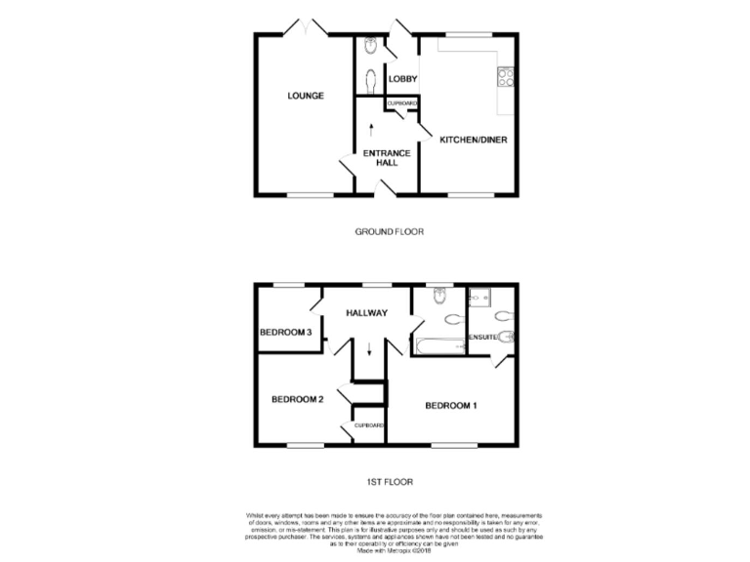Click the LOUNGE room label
(x=306, y=96)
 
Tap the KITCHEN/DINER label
(x=473, y=139)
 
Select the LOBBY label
(x=402, y=79)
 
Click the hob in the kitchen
(x=506, y=76)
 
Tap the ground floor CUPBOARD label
(x=402, y=102)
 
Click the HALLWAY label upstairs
(x=366, y=313)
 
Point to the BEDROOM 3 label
(x=285, y=333)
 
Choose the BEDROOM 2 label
(x=297, y=399)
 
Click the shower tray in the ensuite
(x=479, y=298)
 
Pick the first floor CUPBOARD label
(x=369, y=425)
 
